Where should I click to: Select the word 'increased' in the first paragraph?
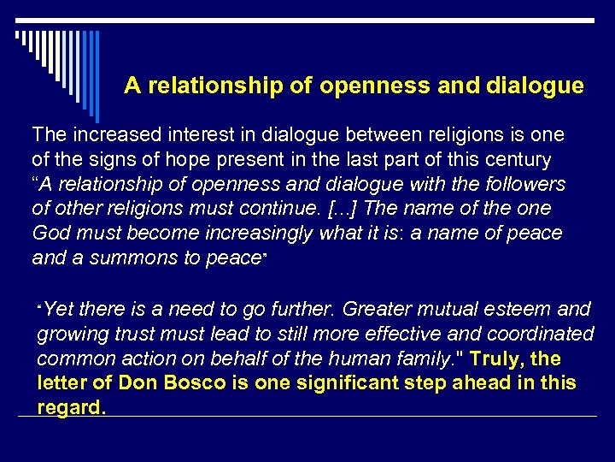tap(111, 135)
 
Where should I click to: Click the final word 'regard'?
tap(70, 407)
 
